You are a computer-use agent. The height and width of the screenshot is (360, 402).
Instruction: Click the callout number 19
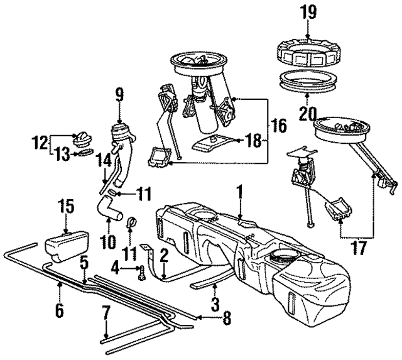[x=308, y=11]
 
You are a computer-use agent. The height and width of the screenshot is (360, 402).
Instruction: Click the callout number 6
[x=60, y=311]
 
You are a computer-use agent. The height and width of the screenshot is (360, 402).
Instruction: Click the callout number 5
[x=83, y=261]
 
